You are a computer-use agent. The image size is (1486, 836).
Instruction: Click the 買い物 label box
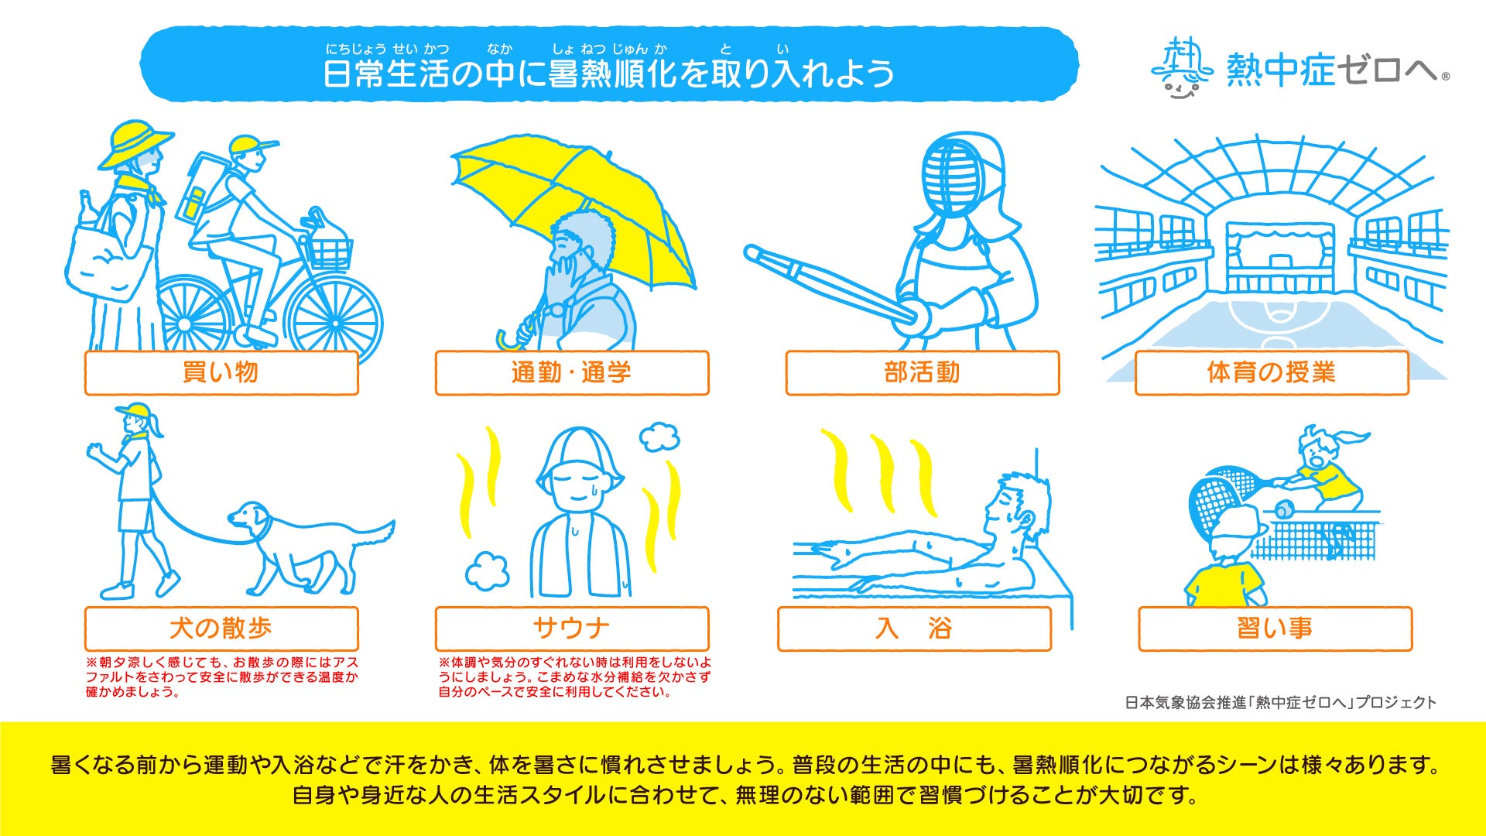221,373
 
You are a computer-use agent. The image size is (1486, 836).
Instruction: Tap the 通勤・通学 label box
572,373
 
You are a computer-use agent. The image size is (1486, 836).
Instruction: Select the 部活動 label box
923,373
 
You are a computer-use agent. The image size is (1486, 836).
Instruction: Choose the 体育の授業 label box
1272,373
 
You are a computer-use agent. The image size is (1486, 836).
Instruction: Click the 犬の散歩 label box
221,629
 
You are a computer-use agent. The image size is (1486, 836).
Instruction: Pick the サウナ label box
572,629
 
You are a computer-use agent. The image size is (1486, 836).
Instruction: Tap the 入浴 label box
914,629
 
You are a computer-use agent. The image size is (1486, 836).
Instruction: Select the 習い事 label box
1275,629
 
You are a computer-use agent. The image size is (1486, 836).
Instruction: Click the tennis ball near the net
1283,511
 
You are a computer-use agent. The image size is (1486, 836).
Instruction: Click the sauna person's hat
580,460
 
